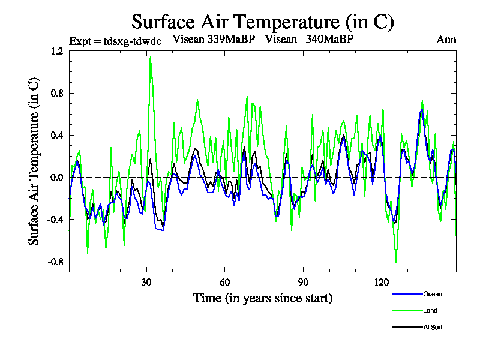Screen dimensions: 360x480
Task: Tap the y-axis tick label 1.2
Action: click(x=57, y=52)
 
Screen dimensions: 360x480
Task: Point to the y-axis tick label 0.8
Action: click(x=57, y=94)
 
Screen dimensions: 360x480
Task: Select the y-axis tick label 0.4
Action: click(x=57, y=136)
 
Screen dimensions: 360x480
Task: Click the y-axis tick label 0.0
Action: click(x=57, y=178)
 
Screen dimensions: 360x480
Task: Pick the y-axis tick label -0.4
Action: click(x=55, y=220)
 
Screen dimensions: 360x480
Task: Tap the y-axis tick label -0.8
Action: click(x=55, y=262)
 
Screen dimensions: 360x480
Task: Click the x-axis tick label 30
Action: click(x=146, y=283)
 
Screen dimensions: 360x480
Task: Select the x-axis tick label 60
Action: click(x=225, y=283)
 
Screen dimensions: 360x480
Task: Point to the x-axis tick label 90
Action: click(x=303, y=283)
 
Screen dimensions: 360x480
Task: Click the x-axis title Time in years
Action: click(x=263, y=298)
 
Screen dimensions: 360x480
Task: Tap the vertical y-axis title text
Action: click(x=35, y=162)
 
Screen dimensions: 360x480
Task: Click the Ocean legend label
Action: click(x=433, y=294)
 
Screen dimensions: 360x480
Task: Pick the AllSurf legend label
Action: click(x=433, y=328)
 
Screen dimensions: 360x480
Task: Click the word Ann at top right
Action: click(x=446, y=40)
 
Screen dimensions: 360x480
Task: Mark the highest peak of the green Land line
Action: click(x=150, y=56)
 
